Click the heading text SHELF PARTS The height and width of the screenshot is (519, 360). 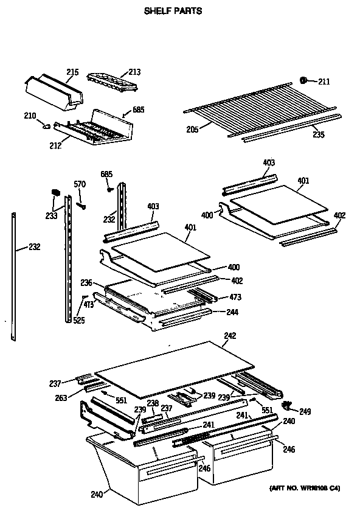point(173,10)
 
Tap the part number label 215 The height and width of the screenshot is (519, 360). point(72,73)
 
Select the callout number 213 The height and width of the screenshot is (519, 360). point(134,72)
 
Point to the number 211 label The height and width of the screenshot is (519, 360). point(324,82)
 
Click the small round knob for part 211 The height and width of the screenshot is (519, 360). point(304,80)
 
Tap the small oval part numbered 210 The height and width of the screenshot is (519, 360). point(46,126)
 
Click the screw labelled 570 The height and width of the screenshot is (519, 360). point(80,205)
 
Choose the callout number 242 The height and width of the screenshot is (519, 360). point(229,335)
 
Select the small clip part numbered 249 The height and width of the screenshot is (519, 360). point(288,404)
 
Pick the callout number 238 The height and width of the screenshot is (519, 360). point(152,403)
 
